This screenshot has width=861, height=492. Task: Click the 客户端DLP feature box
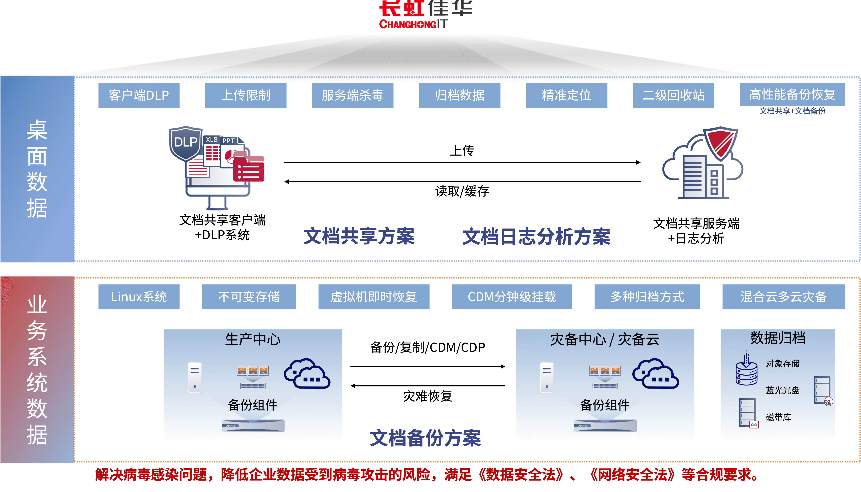point(139,95)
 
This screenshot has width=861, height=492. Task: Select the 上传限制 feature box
point(246,95)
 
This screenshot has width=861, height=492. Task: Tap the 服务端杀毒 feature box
point(352,95)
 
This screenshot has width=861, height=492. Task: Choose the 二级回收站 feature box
point(673,95)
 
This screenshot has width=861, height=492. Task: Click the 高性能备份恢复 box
point(792,95)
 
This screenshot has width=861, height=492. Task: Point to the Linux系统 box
point(139,297)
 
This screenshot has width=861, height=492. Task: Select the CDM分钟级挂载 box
point(512,297)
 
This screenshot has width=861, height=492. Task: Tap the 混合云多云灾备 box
point(783,297)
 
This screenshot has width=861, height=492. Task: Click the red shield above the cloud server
point(721,143)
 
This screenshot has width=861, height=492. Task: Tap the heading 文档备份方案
point(425,438)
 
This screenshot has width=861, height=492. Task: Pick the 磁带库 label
point(778,417)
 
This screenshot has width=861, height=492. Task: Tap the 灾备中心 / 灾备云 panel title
point(605,339)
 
